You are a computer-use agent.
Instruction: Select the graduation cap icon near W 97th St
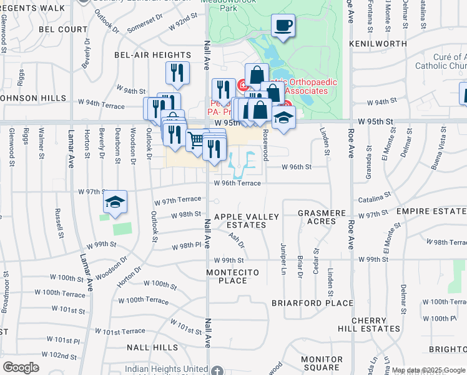[x=115, y=202]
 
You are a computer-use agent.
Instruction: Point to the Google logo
[x=21, y=367]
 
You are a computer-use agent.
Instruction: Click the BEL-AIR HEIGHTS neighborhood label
[x=144, y=55]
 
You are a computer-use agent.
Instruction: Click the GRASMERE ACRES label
[x=322, y=217]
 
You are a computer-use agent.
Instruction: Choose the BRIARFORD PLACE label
[x=312, y=303]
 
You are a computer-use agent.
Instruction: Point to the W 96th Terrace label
[x=237, y=183]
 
